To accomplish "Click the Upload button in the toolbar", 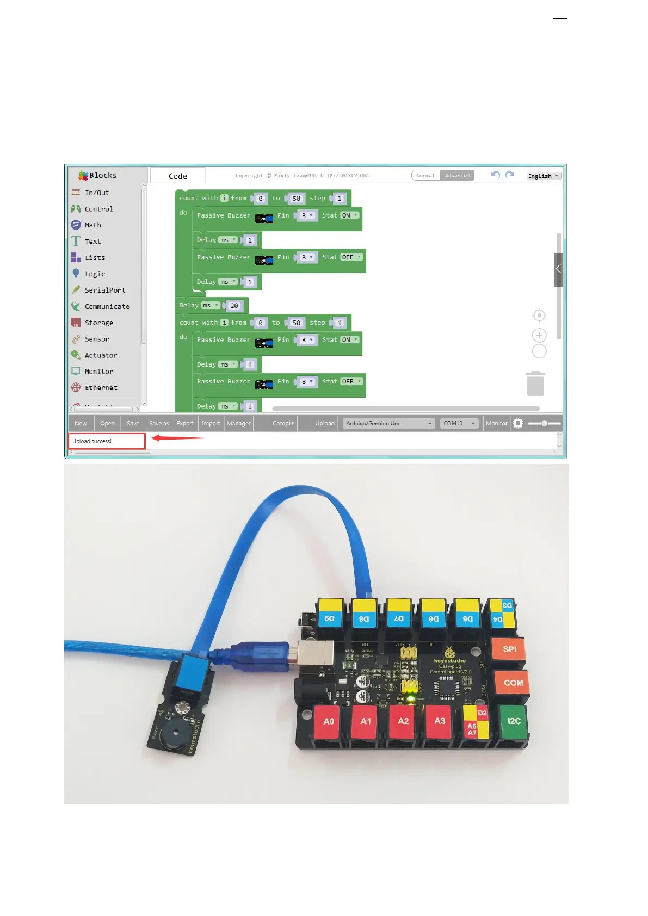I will pyautogui.click(x=325, y=423).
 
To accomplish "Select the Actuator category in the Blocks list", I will pyautogui.click(x=101, y=355).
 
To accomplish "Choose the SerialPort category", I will pyautogui.click(x=104, y=290).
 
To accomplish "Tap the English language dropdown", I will pyautogui.click(x=543, y=176).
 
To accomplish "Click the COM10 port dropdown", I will pyautogui.click(x=459, y=423).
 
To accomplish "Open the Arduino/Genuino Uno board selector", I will pyautogui.click(x=388, y=423).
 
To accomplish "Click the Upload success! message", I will pyautogui.click(x=92, y=441).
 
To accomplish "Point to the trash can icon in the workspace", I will pyautogui.click(x=535, y=383).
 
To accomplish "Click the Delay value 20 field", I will pyautogui.click(x=234, y=306).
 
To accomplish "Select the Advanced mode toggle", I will pyautogui.click(x=457, y=175).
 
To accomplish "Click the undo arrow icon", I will pyautogui.click(x=495, y=175).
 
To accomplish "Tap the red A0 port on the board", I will pyautogui.click(x=329, y=722).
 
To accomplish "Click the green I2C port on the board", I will pyautogui.click(x=514, y=721).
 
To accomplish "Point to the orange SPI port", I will pyautogui.click(x=509, y=649).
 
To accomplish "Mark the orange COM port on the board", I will pyautogui.click(x=513, y=683).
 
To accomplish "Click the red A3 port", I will pyautogui.click(x=440, y=721).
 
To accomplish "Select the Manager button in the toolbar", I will pyautogui.click(x=239, y=423).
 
